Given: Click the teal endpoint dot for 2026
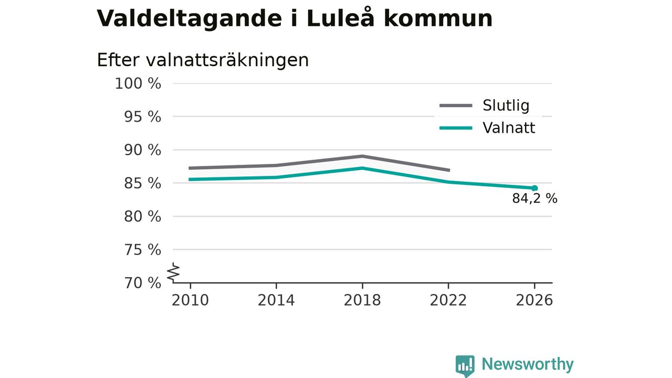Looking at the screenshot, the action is pos(534,188).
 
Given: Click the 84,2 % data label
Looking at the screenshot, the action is pos(534,198).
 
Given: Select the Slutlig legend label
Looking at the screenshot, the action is pos(506,106).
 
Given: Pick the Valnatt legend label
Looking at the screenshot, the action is pos(509,128).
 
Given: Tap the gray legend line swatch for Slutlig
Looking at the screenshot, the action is pos(456,106).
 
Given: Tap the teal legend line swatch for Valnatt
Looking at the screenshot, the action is pos(456,128).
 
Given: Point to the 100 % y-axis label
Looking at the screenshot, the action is pos(138,83).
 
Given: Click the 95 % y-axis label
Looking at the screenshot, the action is pos(142,117).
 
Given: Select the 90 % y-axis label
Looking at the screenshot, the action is pos(142,150).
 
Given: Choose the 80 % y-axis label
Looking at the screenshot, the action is pos(142,217).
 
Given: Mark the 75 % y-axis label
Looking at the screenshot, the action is pos(142,250).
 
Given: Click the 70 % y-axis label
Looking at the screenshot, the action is pos(142,283).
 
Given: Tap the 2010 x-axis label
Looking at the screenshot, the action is pos(190,300).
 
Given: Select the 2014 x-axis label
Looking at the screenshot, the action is pos(276,300).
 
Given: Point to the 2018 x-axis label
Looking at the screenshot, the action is pos(362,300).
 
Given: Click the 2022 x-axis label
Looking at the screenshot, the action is pos(448,300).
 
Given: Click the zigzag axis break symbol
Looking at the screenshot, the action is pos(173,272).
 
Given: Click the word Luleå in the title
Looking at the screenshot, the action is pos(341,18).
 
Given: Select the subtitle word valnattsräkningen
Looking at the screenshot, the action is pos(227,60).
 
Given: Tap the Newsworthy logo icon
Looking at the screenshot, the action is pos(465,366).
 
